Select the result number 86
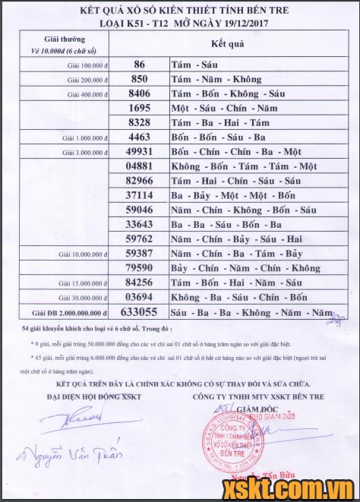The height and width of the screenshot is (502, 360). pyautogui.click(x=138, y=65)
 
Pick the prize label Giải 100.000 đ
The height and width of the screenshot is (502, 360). pyautogui.click(x=84, y=66)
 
